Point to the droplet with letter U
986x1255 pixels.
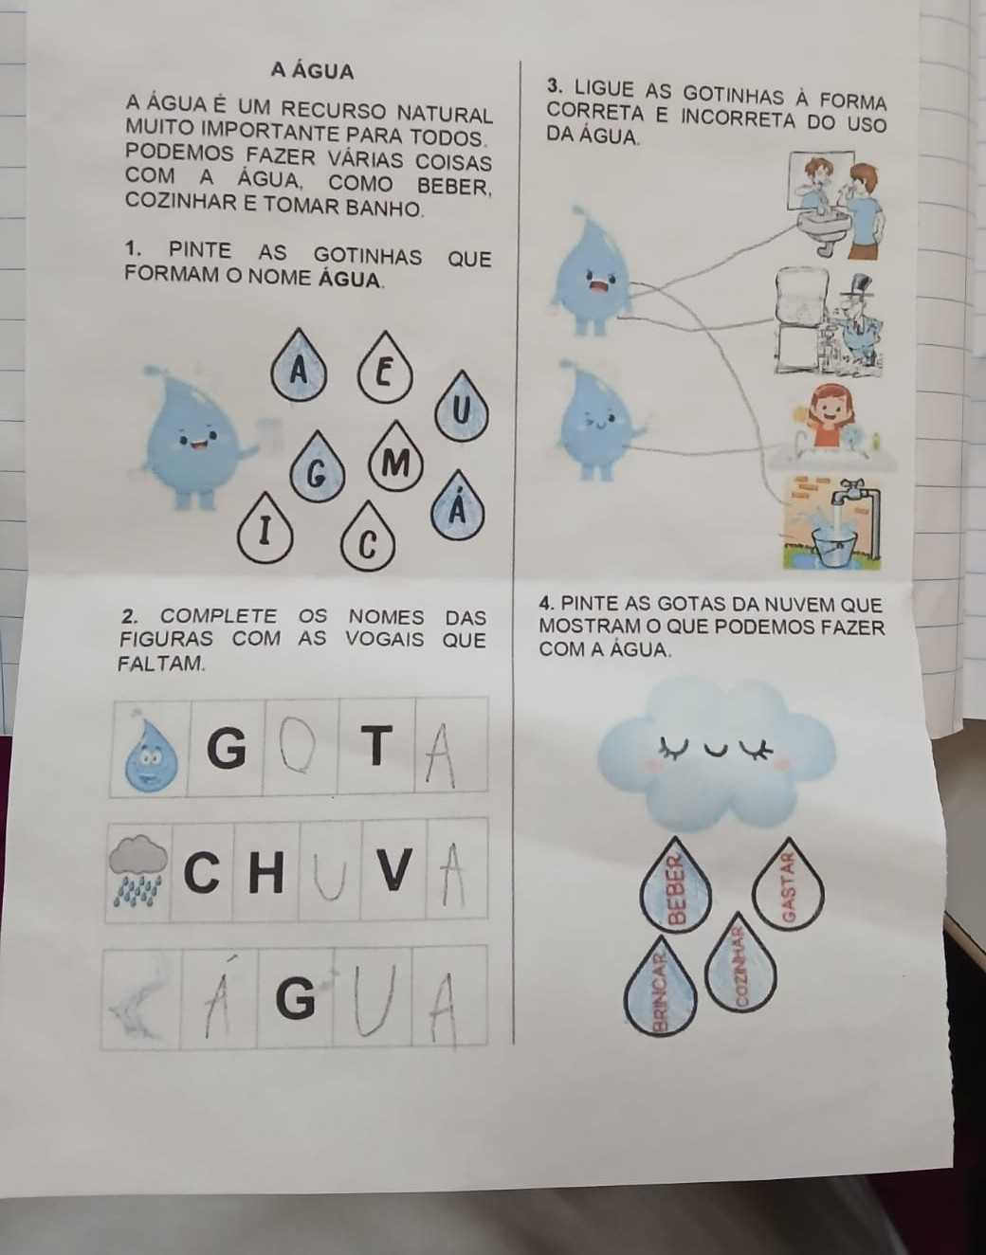(x=461, y=408)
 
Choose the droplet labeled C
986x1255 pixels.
(x=368, y=538)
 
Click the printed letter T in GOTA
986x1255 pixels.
(x=377, y=746)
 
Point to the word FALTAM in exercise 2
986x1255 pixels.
(x=161, y=664)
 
